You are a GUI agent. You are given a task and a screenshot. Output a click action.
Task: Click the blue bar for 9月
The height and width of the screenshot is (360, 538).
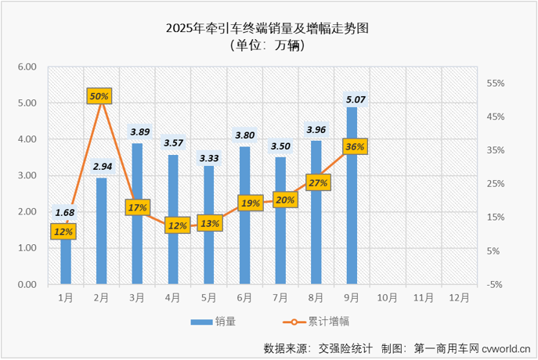point(352,196)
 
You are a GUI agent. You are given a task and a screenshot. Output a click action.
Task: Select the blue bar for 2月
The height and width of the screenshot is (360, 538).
point(102,231)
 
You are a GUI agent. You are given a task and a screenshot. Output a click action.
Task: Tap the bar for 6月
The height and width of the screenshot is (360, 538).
point(244,215)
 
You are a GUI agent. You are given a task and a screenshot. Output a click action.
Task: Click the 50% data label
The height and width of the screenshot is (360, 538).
point(99,95)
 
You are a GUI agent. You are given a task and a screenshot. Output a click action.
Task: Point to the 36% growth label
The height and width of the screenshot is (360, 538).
point(354,146)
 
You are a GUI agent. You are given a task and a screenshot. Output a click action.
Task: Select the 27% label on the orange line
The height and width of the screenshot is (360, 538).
point(318,183)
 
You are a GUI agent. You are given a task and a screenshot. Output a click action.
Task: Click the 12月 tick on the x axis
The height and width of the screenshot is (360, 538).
point(460,297)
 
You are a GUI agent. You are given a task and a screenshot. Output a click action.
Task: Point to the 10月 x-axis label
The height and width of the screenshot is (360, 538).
point(388,297)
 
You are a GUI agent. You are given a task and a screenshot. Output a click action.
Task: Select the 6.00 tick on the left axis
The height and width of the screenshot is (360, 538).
point(27,67)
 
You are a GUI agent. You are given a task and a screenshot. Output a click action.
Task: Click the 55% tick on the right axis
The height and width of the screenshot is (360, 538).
point(497,83)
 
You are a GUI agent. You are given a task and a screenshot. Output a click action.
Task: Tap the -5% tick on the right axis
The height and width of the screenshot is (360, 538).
point(495,285)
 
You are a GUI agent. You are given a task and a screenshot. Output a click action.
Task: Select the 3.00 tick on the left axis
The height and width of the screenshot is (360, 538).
point(27,175)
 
